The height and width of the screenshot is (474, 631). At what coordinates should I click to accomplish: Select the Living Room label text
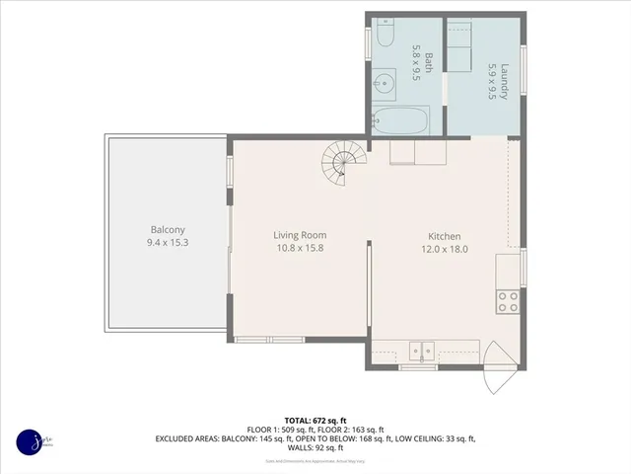coord(300,235)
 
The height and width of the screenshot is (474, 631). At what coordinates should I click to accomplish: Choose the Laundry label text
coord(503,82)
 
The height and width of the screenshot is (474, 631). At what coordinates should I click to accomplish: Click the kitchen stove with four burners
coord(508,301)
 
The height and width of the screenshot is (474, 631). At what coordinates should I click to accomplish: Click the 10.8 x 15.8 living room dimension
coord(300,248)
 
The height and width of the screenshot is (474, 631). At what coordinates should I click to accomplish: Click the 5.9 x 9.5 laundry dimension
coord(490,82)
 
